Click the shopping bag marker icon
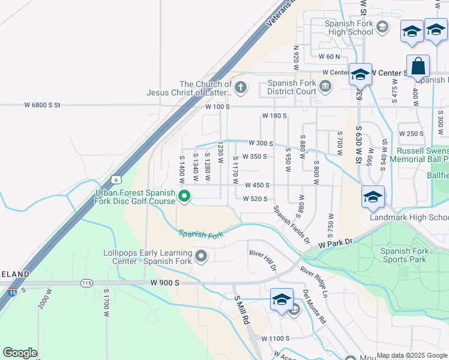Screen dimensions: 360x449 click(x=418, y=67)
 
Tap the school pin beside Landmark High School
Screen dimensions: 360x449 click(x=373, y=197)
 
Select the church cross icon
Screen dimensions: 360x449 click(x=241, y=88)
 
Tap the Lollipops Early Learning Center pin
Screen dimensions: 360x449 click(x=201, y=257)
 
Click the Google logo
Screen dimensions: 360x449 click(x=20, y=353)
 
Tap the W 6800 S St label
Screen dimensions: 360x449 click(x=43, y=105)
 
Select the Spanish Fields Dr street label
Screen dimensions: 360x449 click(x=291, y=223)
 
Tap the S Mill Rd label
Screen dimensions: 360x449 click(x=241, y=310)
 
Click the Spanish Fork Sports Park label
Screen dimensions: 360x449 click(x=403, y=255)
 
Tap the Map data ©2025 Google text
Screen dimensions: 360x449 click(x=412, y=355)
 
